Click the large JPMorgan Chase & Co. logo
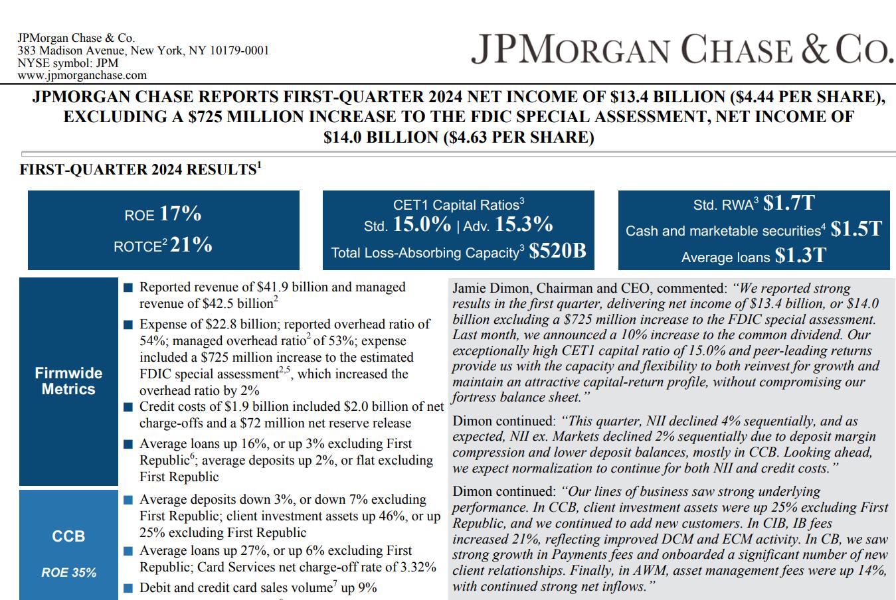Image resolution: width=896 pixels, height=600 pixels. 681,50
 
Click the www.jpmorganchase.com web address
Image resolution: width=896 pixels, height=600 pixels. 82,76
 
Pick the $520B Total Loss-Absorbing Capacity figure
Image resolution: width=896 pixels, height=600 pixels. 557,252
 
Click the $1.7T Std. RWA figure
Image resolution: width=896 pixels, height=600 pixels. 788,203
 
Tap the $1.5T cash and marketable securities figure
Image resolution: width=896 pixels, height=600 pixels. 856,229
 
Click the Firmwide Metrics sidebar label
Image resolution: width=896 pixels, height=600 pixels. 68,381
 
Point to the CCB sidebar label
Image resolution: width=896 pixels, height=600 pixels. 68,536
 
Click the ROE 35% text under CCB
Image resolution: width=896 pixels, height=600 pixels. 68,572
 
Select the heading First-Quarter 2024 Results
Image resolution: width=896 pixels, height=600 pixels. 138,170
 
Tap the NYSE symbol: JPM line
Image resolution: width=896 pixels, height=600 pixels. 68,63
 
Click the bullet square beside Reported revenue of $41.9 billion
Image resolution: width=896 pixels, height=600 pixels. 128,287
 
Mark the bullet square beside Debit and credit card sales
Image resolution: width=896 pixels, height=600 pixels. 128,588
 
